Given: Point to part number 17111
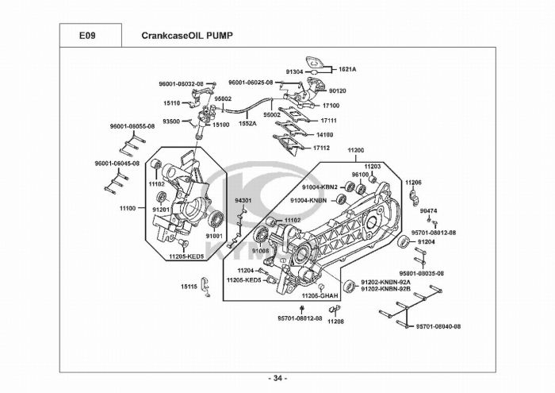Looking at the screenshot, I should [329, 121].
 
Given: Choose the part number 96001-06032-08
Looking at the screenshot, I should [181, 83].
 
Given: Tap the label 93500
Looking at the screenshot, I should [171, 121].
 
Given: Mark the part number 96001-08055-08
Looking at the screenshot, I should [132, 126].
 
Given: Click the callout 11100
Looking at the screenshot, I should [128, 208].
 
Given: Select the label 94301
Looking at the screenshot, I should [243, 201].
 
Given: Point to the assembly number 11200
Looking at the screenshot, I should [355, 150].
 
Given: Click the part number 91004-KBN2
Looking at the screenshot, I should [322, 187].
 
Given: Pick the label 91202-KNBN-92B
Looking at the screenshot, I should [385, 289].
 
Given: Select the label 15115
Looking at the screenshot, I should [189, 286].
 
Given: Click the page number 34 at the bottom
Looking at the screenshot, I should [277, 377].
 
